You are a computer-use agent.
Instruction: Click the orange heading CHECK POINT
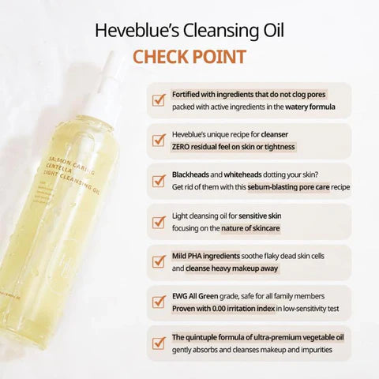pos(189,57)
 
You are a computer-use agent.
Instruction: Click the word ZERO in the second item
pos(183,147)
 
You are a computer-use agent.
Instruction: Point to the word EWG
pos(180,295)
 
